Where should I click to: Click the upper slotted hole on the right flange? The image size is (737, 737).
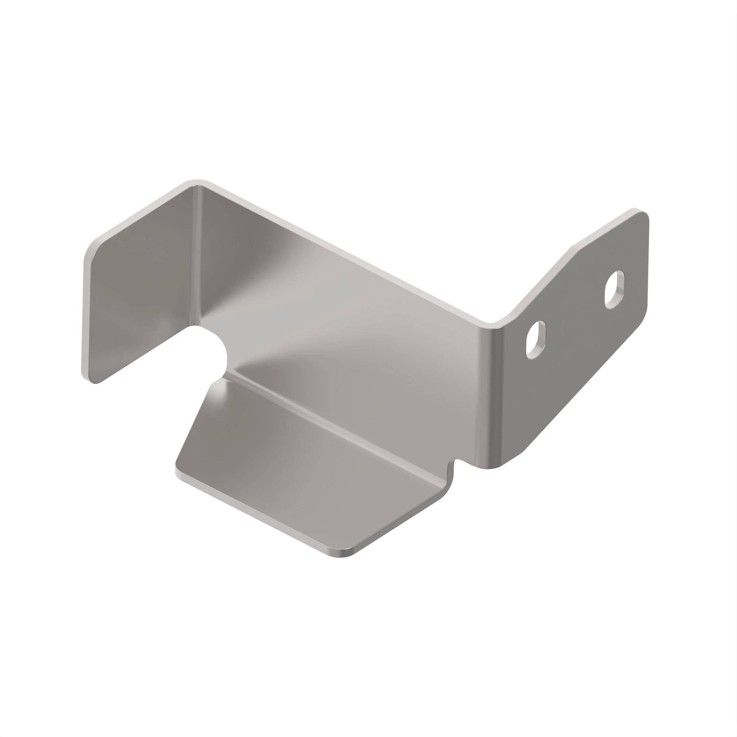[x=615, y=290]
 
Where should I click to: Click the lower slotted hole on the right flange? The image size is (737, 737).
[x=535, y=339]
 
